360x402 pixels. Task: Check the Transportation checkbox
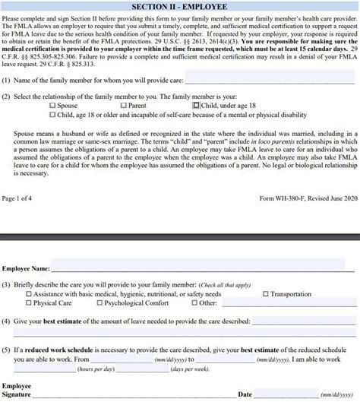point(265,293)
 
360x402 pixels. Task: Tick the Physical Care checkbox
point(29,303)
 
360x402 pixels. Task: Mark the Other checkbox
point(194,303)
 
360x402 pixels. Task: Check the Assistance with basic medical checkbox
point(29,293)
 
